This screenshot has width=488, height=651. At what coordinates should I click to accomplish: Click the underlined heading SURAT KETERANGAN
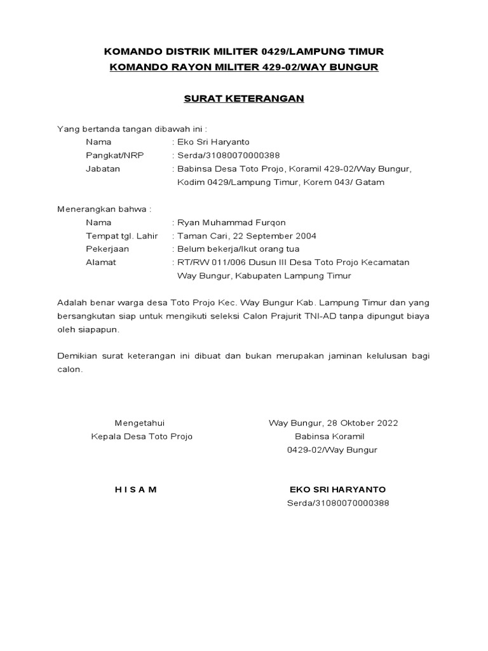244,99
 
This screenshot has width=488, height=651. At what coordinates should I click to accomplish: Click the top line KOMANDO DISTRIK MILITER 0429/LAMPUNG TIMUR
244,51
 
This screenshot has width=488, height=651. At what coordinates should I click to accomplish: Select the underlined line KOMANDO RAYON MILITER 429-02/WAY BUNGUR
244,67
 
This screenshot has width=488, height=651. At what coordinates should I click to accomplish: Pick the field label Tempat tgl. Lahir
121,236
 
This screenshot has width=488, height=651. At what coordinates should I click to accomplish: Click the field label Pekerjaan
106,249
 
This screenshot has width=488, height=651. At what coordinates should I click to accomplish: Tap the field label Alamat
101,263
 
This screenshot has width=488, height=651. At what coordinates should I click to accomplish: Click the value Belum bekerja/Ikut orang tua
238,249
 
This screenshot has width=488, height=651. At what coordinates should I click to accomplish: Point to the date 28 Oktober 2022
362,423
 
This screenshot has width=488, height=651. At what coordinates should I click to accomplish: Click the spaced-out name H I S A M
135,490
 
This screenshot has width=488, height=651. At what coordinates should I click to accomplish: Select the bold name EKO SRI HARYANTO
337,490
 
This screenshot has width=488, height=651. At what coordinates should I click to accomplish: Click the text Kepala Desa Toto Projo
142,436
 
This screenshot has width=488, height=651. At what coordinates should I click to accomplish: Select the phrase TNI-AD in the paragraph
342,316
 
